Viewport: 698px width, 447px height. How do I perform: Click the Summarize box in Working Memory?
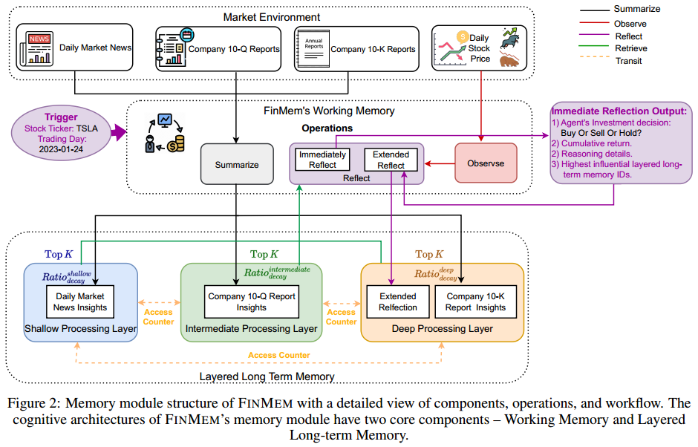click(x=237, y=164)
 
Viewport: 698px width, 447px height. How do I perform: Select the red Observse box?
click(x=486, y=163)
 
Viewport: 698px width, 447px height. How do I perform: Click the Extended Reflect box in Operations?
click(x=391, y=160)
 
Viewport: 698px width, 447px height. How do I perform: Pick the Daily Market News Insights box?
click(x=82, y=302)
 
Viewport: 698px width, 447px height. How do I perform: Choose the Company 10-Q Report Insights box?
click(x=252, y=301)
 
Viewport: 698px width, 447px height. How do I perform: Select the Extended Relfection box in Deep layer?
click(x=397, y=301)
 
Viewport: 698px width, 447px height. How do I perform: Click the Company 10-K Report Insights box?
click(x=475, y=301)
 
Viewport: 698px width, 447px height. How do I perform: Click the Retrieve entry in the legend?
click(x=630, y=48)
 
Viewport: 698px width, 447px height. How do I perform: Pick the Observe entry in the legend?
click(x=630, y=23)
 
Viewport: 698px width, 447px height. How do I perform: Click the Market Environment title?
click(x=272, y=16)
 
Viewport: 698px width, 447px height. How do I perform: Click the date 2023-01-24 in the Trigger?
click(x=61, y=149)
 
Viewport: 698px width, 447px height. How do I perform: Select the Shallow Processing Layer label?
click(x=81, y=328)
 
